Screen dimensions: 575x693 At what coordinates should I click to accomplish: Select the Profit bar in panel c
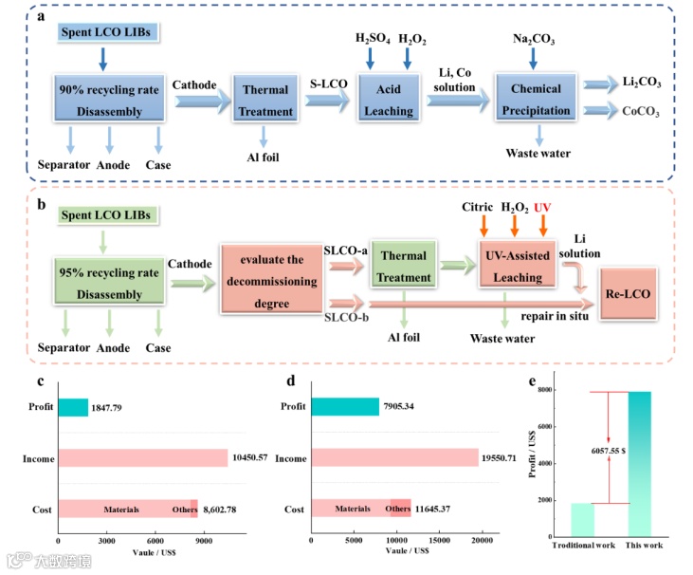click(x=73, y=408)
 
